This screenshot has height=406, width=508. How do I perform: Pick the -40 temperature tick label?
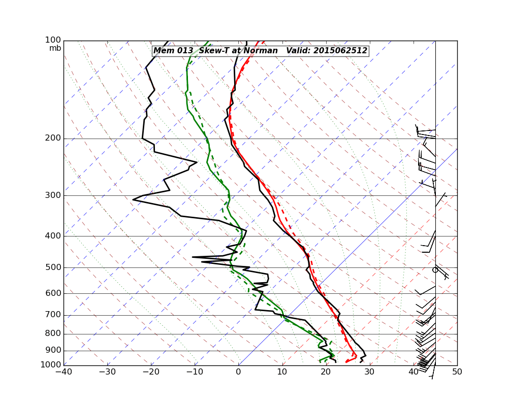click(x=63, y=372)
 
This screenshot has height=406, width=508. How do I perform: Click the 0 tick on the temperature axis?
click(x=238, y=372)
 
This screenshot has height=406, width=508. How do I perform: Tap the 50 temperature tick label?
click(x=457, y=372)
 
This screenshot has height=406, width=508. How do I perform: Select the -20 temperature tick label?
click(x=151, y=372)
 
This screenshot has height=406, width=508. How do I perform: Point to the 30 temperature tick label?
click(x=369, y=372)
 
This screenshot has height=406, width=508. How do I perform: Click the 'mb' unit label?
click(x=55, y=48)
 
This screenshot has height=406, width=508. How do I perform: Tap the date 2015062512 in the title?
click(x=340, y=51)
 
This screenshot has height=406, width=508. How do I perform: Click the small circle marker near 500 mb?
click(x=435, y=270)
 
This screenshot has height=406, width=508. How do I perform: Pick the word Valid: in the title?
click(x=298, y=51)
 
